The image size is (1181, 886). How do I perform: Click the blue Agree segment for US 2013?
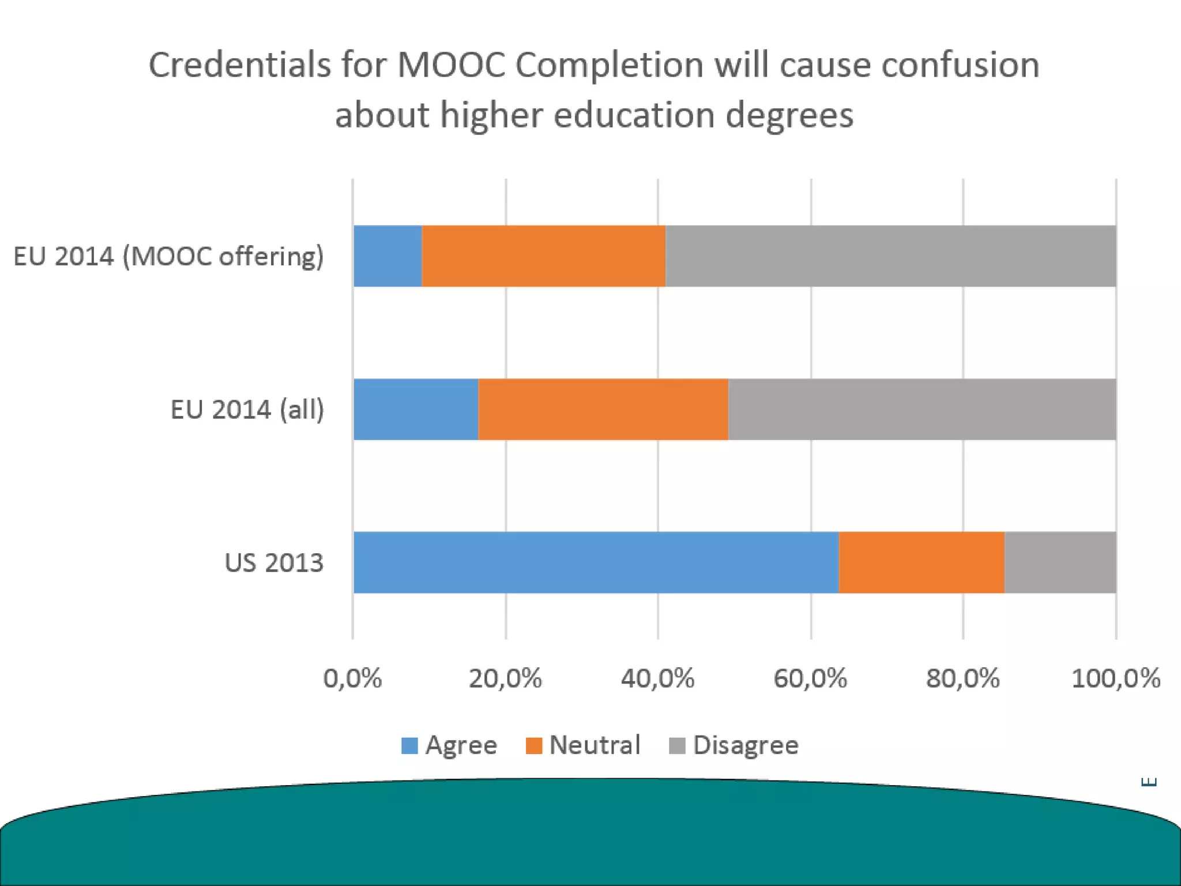(596, 562)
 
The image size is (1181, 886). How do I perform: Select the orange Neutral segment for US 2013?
(922, 562)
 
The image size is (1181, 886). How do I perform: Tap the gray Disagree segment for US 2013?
(1060, 562)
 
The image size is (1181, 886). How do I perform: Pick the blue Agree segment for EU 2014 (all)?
(416, 409)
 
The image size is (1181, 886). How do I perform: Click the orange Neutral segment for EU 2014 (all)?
(603, 409)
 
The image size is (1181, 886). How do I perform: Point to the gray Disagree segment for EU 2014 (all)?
(922, 409)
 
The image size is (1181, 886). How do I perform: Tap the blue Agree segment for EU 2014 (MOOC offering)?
(388, 256)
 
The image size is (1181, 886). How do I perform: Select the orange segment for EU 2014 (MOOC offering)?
(544, 256)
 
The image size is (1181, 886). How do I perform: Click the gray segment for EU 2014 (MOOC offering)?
(891, 256)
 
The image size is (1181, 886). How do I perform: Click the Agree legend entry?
(449, 745)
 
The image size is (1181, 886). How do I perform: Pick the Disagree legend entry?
(734, 745)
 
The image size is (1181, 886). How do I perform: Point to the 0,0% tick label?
(352, 678)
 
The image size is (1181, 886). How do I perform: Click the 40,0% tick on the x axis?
(657, 678)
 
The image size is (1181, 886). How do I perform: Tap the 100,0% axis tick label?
(1115, 678)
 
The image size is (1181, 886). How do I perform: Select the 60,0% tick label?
(810, 678)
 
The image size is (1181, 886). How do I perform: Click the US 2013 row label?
(274, 562)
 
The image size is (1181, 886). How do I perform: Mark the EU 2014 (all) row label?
(247, 410)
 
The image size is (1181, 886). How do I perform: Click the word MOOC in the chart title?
(451, 65)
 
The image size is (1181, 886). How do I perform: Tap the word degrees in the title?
(789, 115)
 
